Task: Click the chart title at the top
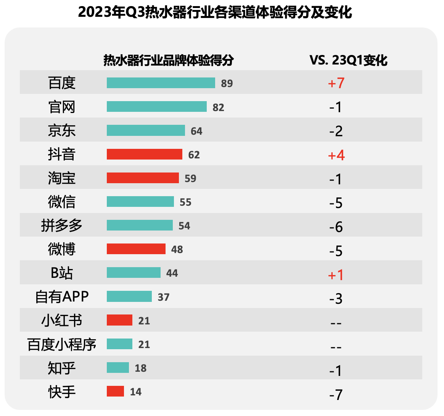coord(215,12)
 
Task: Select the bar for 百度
coord(161,83)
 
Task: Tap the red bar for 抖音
coord(144,154)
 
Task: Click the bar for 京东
coord(146,131)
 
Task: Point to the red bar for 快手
coord(115,391)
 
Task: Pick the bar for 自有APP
coord(129,297)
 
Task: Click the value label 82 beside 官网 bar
coord(218,107)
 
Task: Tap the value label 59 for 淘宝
coord(190,178)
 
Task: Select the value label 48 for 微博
coord(177,250)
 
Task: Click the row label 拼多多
coord(62,226)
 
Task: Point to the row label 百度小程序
coord(62,344)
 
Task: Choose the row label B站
coord(62,273)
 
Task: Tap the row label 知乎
coord(62,368)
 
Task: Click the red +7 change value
coord(336,83)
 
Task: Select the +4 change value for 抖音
coord(336,155)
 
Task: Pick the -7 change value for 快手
coord(336,393)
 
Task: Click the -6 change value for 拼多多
coord(336,227)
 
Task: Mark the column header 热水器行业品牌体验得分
coord(168,60)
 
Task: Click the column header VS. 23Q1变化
coord(348,60)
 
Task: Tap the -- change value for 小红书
coord(336,323)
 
